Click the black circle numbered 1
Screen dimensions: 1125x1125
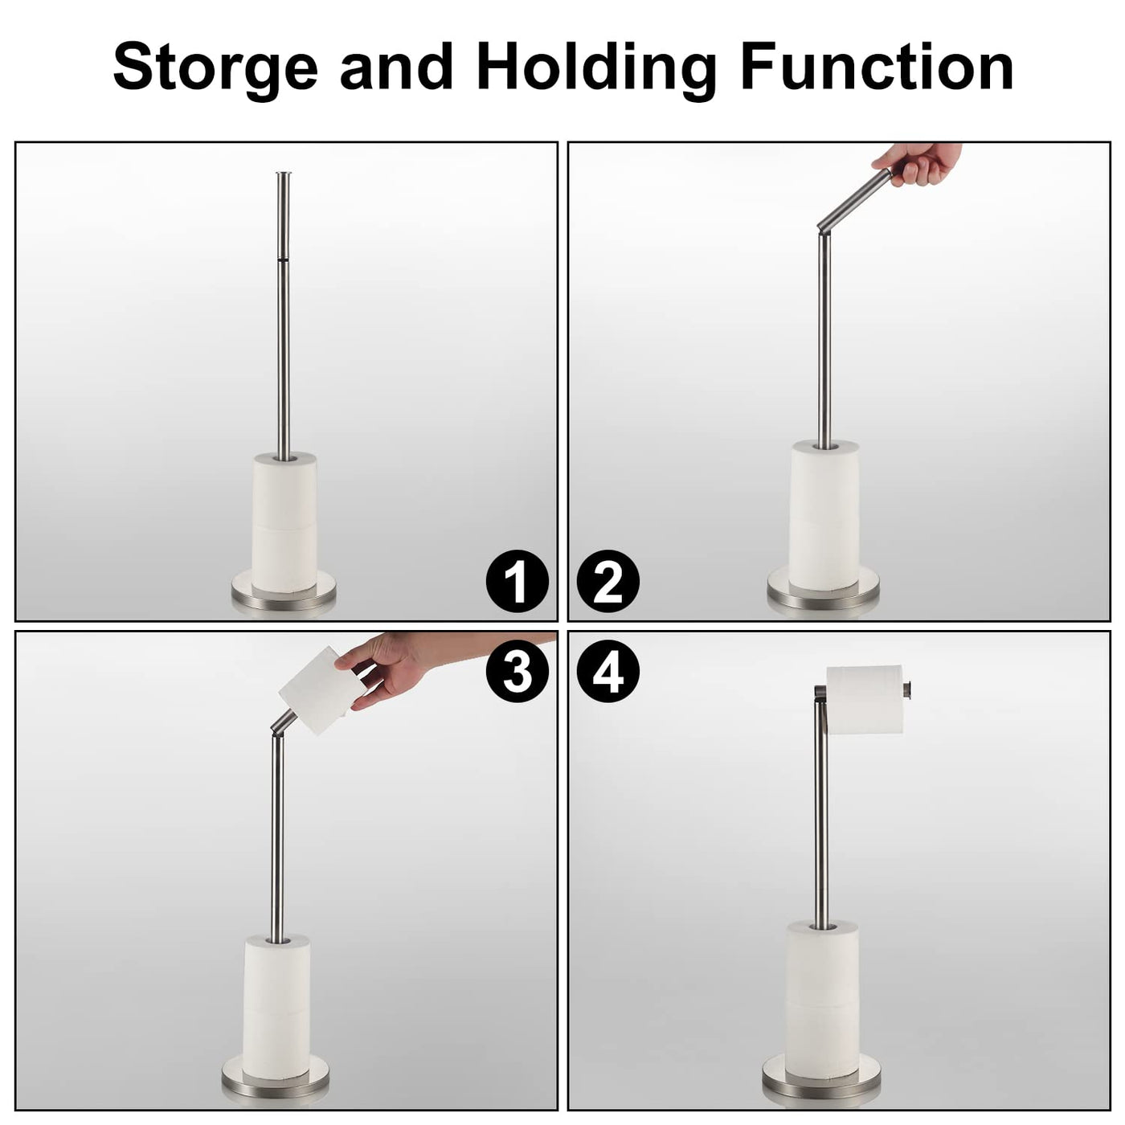[517, 582]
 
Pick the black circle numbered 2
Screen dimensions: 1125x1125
[607, 582]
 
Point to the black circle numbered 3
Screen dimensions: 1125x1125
[517, 671]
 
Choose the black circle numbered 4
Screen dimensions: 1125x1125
[607, 671]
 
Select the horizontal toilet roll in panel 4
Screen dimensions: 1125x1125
[865, 700]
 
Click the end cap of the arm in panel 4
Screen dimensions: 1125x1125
[909, 689]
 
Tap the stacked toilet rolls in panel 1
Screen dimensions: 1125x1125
[284, 522]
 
